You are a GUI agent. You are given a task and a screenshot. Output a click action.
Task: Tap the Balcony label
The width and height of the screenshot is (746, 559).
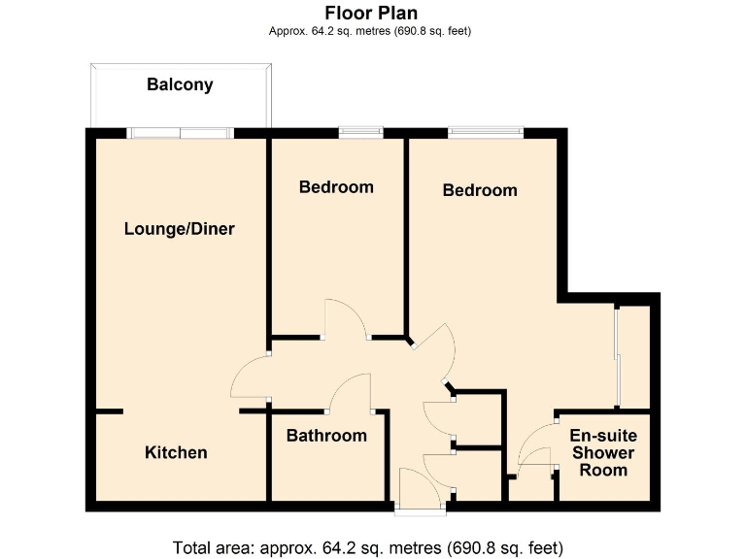tap(180, 84)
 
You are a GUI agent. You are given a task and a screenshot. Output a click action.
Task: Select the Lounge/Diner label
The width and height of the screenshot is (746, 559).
tap(180, 229)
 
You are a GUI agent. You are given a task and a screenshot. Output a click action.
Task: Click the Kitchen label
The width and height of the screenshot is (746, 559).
tap(176, 452)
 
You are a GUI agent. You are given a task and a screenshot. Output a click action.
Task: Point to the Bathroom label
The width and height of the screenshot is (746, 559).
tap(326, 436)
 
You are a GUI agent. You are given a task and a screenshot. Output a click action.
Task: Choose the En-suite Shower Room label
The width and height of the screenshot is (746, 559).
tap(603, 453)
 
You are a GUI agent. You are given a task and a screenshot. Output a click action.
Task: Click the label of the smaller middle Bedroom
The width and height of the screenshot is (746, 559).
tap(336, 186)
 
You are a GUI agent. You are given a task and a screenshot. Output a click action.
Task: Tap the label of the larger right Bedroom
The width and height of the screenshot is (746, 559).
tap(480, 190)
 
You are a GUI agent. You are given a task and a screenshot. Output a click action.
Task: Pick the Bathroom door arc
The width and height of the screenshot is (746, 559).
tap(349, 392)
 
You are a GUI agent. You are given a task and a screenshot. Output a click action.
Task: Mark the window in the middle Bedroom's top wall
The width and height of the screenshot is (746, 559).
tap(359, 131)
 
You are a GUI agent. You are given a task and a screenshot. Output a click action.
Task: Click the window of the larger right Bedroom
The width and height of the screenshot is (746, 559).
tap(486, 131)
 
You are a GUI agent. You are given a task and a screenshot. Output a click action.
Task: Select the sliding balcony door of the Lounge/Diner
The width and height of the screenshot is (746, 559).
tap(180, 132)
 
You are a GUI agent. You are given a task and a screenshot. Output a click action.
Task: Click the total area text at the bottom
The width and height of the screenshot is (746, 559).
tap(367, 545)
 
